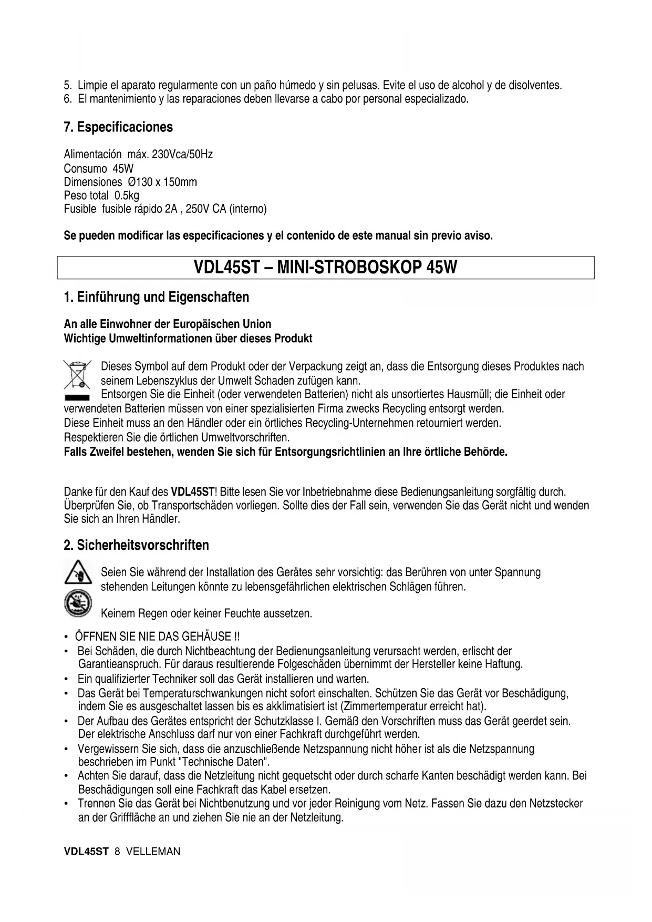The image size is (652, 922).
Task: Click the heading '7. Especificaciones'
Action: pyautogui.click(x=118, y=127)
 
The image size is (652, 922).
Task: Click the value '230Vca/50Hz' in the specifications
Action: pyautogui.click(x=182, y=155)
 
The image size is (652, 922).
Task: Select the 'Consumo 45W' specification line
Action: pyautogui.click(x=98, y=169)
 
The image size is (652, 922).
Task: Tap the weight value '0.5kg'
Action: pyautogui.click(x=127, y=196)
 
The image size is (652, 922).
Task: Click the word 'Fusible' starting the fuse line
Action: pyautogui.click(x=80, y=209)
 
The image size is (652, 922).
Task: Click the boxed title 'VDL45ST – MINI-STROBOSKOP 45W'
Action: pyautogui.click(x=326, y=268)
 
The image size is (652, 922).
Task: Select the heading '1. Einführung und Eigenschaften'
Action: pyautogui.click(x=156, y=297)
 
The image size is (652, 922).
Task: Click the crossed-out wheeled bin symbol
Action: pyautogui.click(x=77, y=374)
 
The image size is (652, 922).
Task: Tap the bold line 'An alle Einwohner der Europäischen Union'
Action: pyautogui.click(x=168, y=324)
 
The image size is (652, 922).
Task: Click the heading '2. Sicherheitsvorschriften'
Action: pyautogui.click(x=136, y=545)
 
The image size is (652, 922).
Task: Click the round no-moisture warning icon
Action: pyautogui.click(x=78, y=603)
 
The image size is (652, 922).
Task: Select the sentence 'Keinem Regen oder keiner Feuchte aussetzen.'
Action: pyautogui.click(x=206, y=613)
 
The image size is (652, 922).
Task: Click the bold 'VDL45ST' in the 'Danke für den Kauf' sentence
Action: pyautogui.click(x=192, y=493)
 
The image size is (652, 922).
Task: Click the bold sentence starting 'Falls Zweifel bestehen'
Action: pyautogui.click(x=285, y=452)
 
